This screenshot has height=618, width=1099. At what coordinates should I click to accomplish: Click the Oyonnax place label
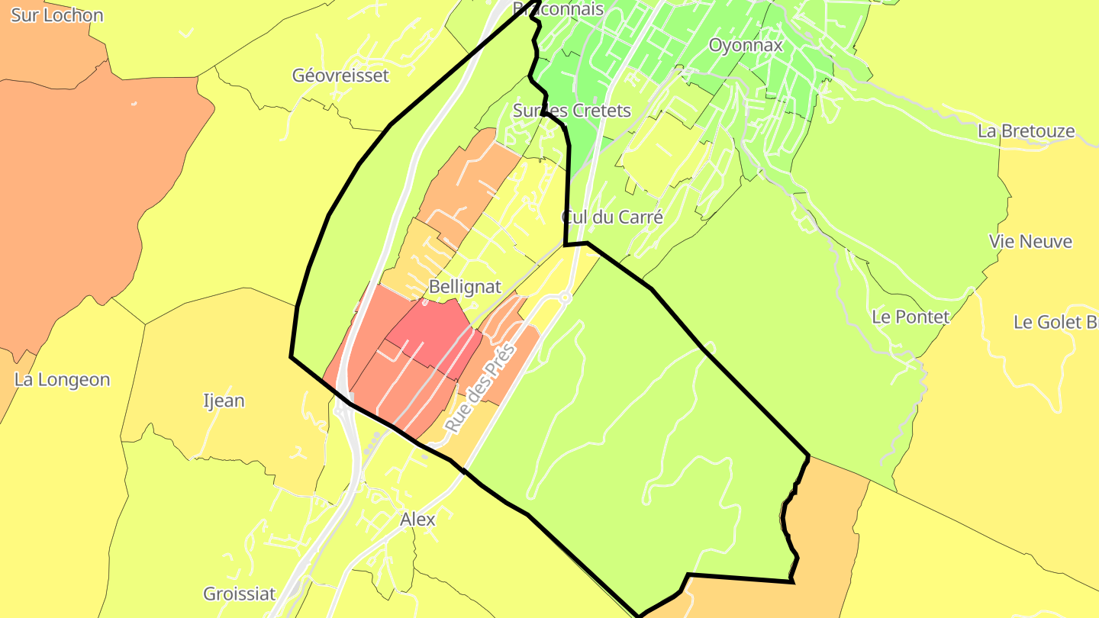(x=746, y=45)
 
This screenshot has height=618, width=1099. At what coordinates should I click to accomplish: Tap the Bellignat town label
(x=465, y=287)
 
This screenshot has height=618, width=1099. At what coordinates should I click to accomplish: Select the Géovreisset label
(x=340, y=76)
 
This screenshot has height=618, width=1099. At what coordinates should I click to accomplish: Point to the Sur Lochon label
(x=56, y=14)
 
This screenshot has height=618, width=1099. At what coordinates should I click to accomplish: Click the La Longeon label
(x=62, y=379)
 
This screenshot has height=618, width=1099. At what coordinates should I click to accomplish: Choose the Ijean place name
(x=224, y=400)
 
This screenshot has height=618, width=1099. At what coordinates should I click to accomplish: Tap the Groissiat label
(x=239, y=594)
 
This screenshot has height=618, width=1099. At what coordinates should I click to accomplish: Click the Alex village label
(x=417, y=520)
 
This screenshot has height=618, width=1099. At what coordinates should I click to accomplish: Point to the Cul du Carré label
(x=612, y=217)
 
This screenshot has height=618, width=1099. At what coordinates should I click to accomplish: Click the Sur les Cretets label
(x=572, y=111)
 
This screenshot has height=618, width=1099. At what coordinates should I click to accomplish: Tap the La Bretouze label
(x=1026, y=131)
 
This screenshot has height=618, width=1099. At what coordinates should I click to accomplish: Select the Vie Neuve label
(x=1030, y=242)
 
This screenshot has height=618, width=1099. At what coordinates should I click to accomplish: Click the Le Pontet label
(x=910, y=317)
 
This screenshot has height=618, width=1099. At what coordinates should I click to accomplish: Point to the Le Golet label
(x=1055, y=322)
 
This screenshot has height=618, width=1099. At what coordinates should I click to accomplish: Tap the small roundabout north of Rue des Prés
(x=566, y=298)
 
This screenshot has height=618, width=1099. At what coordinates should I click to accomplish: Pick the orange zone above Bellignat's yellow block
(x=466, y=183)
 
